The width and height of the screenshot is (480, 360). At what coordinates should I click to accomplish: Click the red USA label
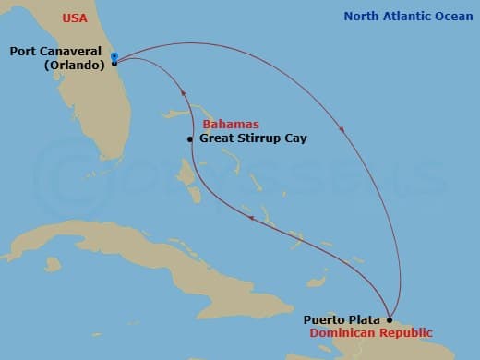tap(76, 18)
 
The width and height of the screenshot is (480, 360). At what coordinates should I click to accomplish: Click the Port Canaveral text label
tap(55, 52)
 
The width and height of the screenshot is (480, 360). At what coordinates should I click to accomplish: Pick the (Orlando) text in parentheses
tap(72, 66)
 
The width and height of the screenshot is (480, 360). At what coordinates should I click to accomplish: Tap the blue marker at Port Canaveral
tap(114, 56)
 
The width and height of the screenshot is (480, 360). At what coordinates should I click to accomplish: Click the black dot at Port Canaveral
tap(114, 63)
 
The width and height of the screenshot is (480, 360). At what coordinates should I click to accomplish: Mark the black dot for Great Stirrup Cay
tap(190, 139)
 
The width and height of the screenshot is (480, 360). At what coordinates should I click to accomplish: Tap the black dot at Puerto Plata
tap(389, 320)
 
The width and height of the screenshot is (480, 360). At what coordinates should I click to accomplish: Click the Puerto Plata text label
tap(341, 320)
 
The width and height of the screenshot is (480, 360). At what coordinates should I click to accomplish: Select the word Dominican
tap(342, 333)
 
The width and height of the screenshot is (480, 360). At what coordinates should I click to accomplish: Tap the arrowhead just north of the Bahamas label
tap(183, 92)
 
